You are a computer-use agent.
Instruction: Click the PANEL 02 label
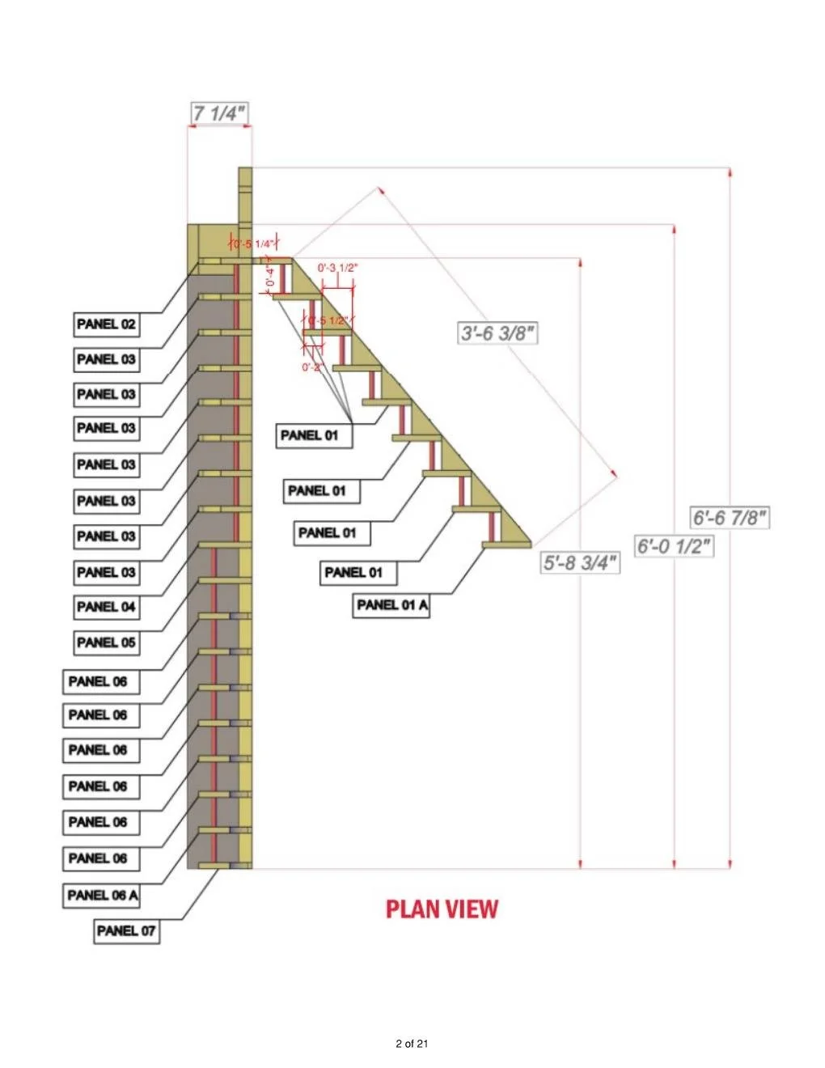pyautogui.click(x=106, y=324)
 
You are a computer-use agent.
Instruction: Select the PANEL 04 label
pyautogui.click(x=106, y=607)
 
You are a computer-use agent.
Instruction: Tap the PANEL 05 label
pyautogui.click(x=106, y=642)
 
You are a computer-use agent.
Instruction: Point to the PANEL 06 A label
pyautogui.click(x=103, y=895)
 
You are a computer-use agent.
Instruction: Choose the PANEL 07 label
pyautogui.click(x=125, y=930)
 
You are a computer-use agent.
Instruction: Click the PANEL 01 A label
pyautogui.click(x=392, y=604)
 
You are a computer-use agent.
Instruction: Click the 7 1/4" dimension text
pyautogui.click(x=218, y=113)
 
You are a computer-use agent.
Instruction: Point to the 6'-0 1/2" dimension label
pyautogui.click(x=674, y=546)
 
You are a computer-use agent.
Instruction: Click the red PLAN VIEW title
pyautogui.click(x=442, y=909)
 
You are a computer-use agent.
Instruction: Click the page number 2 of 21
pyautogui.click(x=412, y=1044)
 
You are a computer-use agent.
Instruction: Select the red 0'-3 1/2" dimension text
pyautogui.click(x=337, y=268)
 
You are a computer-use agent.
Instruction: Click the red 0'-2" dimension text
pyautogui.click(x=313, y=367)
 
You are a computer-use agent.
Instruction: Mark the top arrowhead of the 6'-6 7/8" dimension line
pyautogui.click(x=730, y=172)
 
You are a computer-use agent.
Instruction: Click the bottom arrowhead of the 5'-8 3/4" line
pyautogui.click(x=581, y=864)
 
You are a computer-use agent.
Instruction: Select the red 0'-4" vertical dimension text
pyautogui.click(x=271, y=278)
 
